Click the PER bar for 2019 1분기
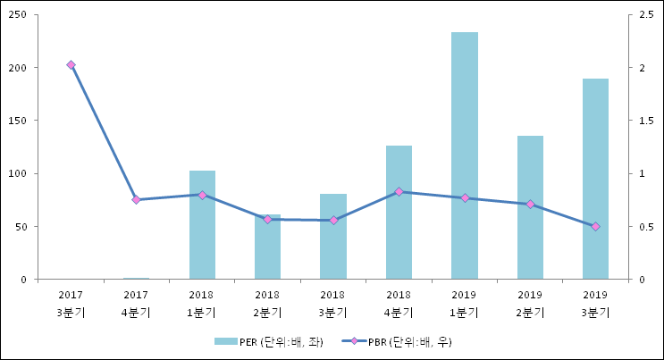tap(464, 156)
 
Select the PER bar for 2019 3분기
tap(595, 179)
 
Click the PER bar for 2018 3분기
tap(332, 237)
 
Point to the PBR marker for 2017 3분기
tap(71, 65)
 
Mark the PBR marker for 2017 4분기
tap(136, 200)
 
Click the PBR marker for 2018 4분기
tap(399, 191)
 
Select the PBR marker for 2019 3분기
tap(595, 226)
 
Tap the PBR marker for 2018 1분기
tap(202, 195)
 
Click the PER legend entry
tap(268, 341)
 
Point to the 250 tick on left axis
tap(17, 15)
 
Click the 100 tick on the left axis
tap(17, 173)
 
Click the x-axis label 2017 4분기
tap(136, 304)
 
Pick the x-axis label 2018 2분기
tap(267, 304)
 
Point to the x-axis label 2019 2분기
tap(530, 304)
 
